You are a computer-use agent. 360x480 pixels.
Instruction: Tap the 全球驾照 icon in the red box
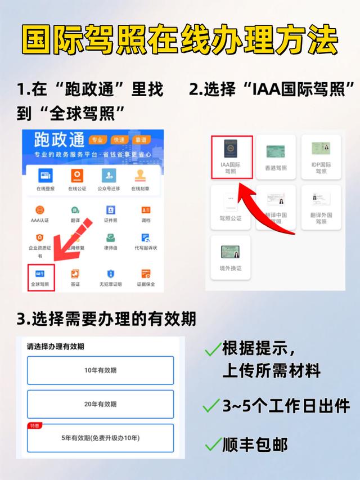[40, 274]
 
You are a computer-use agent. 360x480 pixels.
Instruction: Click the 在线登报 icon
[46, 176]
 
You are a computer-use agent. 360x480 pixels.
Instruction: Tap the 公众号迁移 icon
[109, 176]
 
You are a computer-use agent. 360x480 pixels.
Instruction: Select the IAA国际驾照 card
[231, 156]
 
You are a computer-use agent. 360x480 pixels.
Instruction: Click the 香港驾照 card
[276, 156]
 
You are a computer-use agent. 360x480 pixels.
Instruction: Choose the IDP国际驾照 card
[321, 156]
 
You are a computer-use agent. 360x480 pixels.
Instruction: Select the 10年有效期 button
[101, 370]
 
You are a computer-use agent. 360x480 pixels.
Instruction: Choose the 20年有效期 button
[101, 404]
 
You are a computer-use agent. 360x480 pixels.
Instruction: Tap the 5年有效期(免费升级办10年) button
[101, 438]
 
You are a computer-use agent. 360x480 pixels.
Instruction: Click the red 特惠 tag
[34, 426]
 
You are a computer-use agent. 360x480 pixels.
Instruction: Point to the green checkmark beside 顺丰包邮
[213, 445]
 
